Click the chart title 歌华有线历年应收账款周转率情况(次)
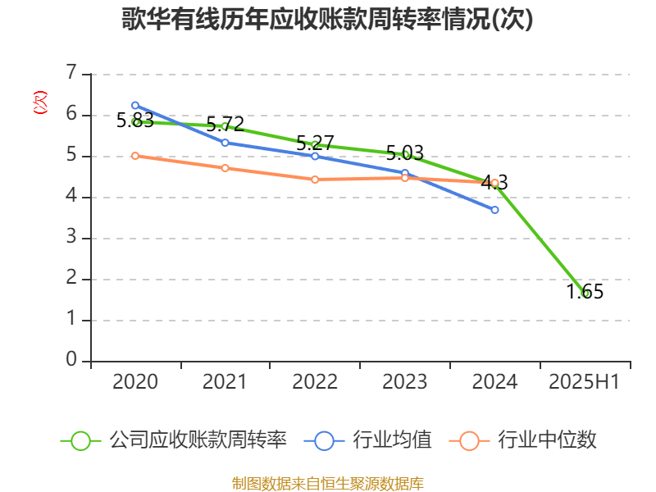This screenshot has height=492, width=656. pos(327,19)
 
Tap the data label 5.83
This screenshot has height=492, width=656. pos(134,121)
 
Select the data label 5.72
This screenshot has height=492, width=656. pos(225,125)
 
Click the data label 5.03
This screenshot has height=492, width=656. pos(405,153)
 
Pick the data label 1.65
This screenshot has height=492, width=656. pos(585,291)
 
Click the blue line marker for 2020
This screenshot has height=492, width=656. pos(135,105)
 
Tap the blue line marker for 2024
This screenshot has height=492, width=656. pos(495,210)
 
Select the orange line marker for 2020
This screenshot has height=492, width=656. pos(135,155)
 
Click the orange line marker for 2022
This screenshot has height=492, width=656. pos(315,179)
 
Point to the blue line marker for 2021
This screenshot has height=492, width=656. pos(225,143)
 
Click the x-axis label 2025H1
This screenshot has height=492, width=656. pos(584,382)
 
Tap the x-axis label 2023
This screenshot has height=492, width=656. pos(405,382)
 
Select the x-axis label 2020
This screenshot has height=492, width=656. pos(135,382)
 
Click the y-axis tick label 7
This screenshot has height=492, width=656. pos(71,74)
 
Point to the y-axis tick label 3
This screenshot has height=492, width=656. pos(71,238)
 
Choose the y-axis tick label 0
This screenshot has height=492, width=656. pos(71,361)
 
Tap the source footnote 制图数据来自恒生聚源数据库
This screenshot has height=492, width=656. pos(327,483)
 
